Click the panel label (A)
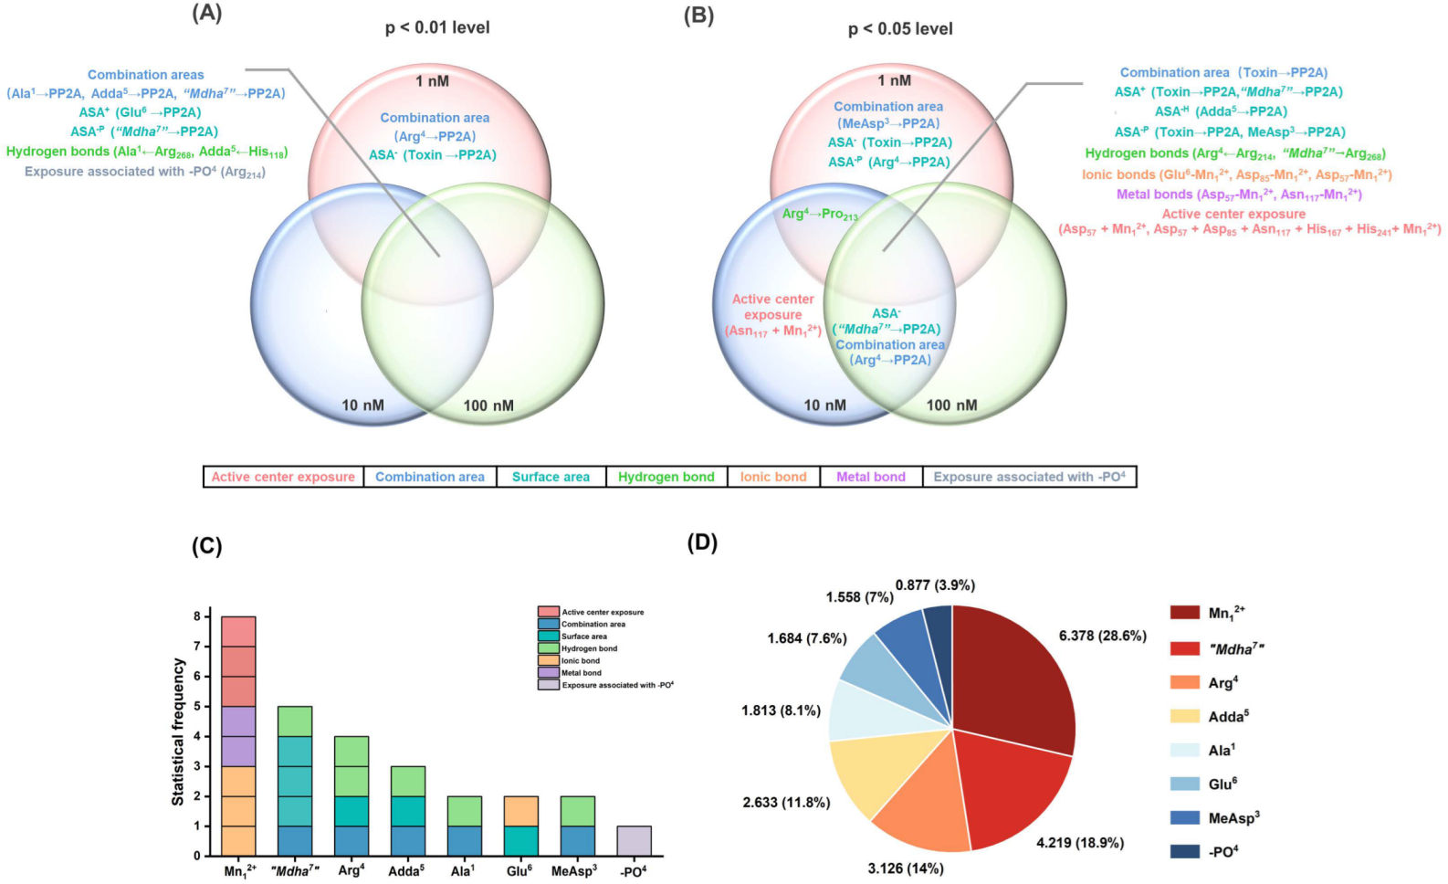[x=207, y=15]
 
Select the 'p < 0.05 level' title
[x=900, y=28]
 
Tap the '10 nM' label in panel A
[x=362, y=405]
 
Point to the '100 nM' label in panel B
[x=951, y=405]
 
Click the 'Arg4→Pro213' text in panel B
[x=820, y=215]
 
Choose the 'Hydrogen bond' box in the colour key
[x=666, y=477]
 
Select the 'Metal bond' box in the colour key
[x=871, y=477]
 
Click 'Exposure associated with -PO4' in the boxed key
[x=1029, y=477]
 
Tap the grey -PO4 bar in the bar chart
[x=635, y=841]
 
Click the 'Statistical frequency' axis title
[x=178, y=733]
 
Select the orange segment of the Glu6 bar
[x=521, y=811]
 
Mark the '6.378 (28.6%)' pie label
[x=1102, y=636]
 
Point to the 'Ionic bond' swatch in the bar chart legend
[x=548, y=660]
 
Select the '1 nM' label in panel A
[x=432, y=81]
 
